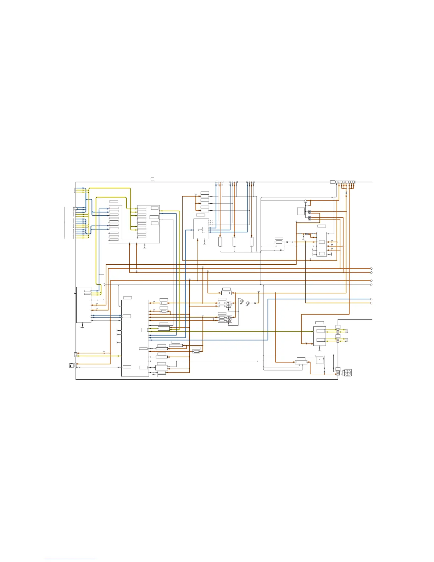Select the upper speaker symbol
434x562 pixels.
[x=346, y=331]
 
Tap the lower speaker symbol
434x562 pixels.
[x=346, y=340]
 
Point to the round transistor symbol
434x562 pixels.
[x=306, y=201]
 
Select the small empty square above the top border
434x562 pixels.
[x=152, y=178]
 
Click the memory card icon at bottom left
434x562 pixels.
[x=72, y=365]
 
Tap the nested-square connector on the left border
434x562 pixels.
[x=76, y=354]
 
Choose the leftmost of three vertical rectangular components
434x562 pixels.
[x=220, y=242]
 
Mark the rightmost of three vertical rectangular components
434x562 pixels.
[x=251, y=242]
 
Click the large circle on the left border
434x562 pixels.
[x=76, y=209]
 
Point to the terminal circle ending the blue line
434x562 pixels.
[x=371, y=299]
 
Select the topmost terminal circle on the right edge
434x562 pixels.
[x=371, y=269]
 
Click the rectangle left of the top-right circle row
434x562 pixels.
[x=333, y=182]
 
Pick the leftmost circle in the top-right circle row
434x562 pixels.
[x=336, y=182]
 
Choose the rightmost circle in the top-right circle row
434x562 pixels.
[x=353, y=182]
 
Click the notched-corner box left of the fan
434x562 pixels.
[x=320, y=360]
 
